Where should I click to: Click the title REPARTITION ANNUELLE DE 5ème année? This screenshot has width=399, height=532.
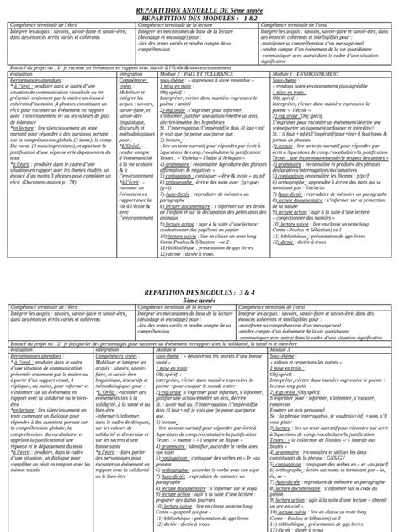[x=199, y=8]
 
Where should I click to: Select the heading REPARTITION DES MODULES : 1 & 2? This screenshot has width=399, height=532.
[x=199, y=16]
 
